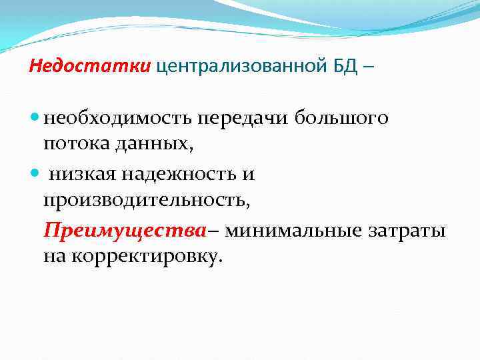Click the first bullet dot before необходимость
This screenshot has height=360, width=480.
[35, 119]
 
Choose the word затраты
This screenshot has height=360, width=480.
[406, 231]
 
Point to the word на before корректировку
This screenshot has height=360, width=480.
[55, 256]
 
